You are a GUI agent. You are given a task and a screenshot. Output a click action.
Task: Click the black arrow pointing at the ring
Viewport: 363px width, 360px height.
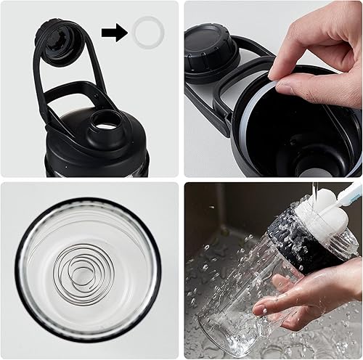pos(114,31)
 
